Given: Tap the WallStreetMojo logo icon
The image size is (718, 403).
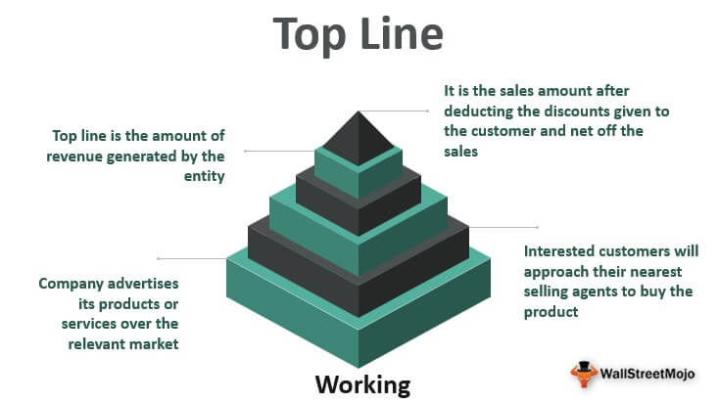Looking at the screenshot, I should (585, 373).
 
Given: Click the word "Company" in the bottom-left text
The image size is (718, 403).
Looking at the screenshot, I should (72, 284).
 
